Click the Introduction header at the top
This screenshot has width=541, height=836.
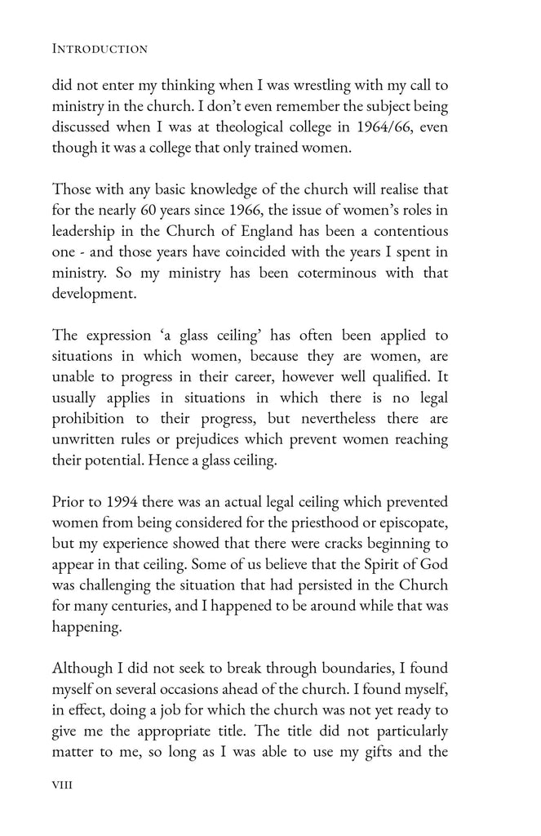(x=99, y=49)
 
